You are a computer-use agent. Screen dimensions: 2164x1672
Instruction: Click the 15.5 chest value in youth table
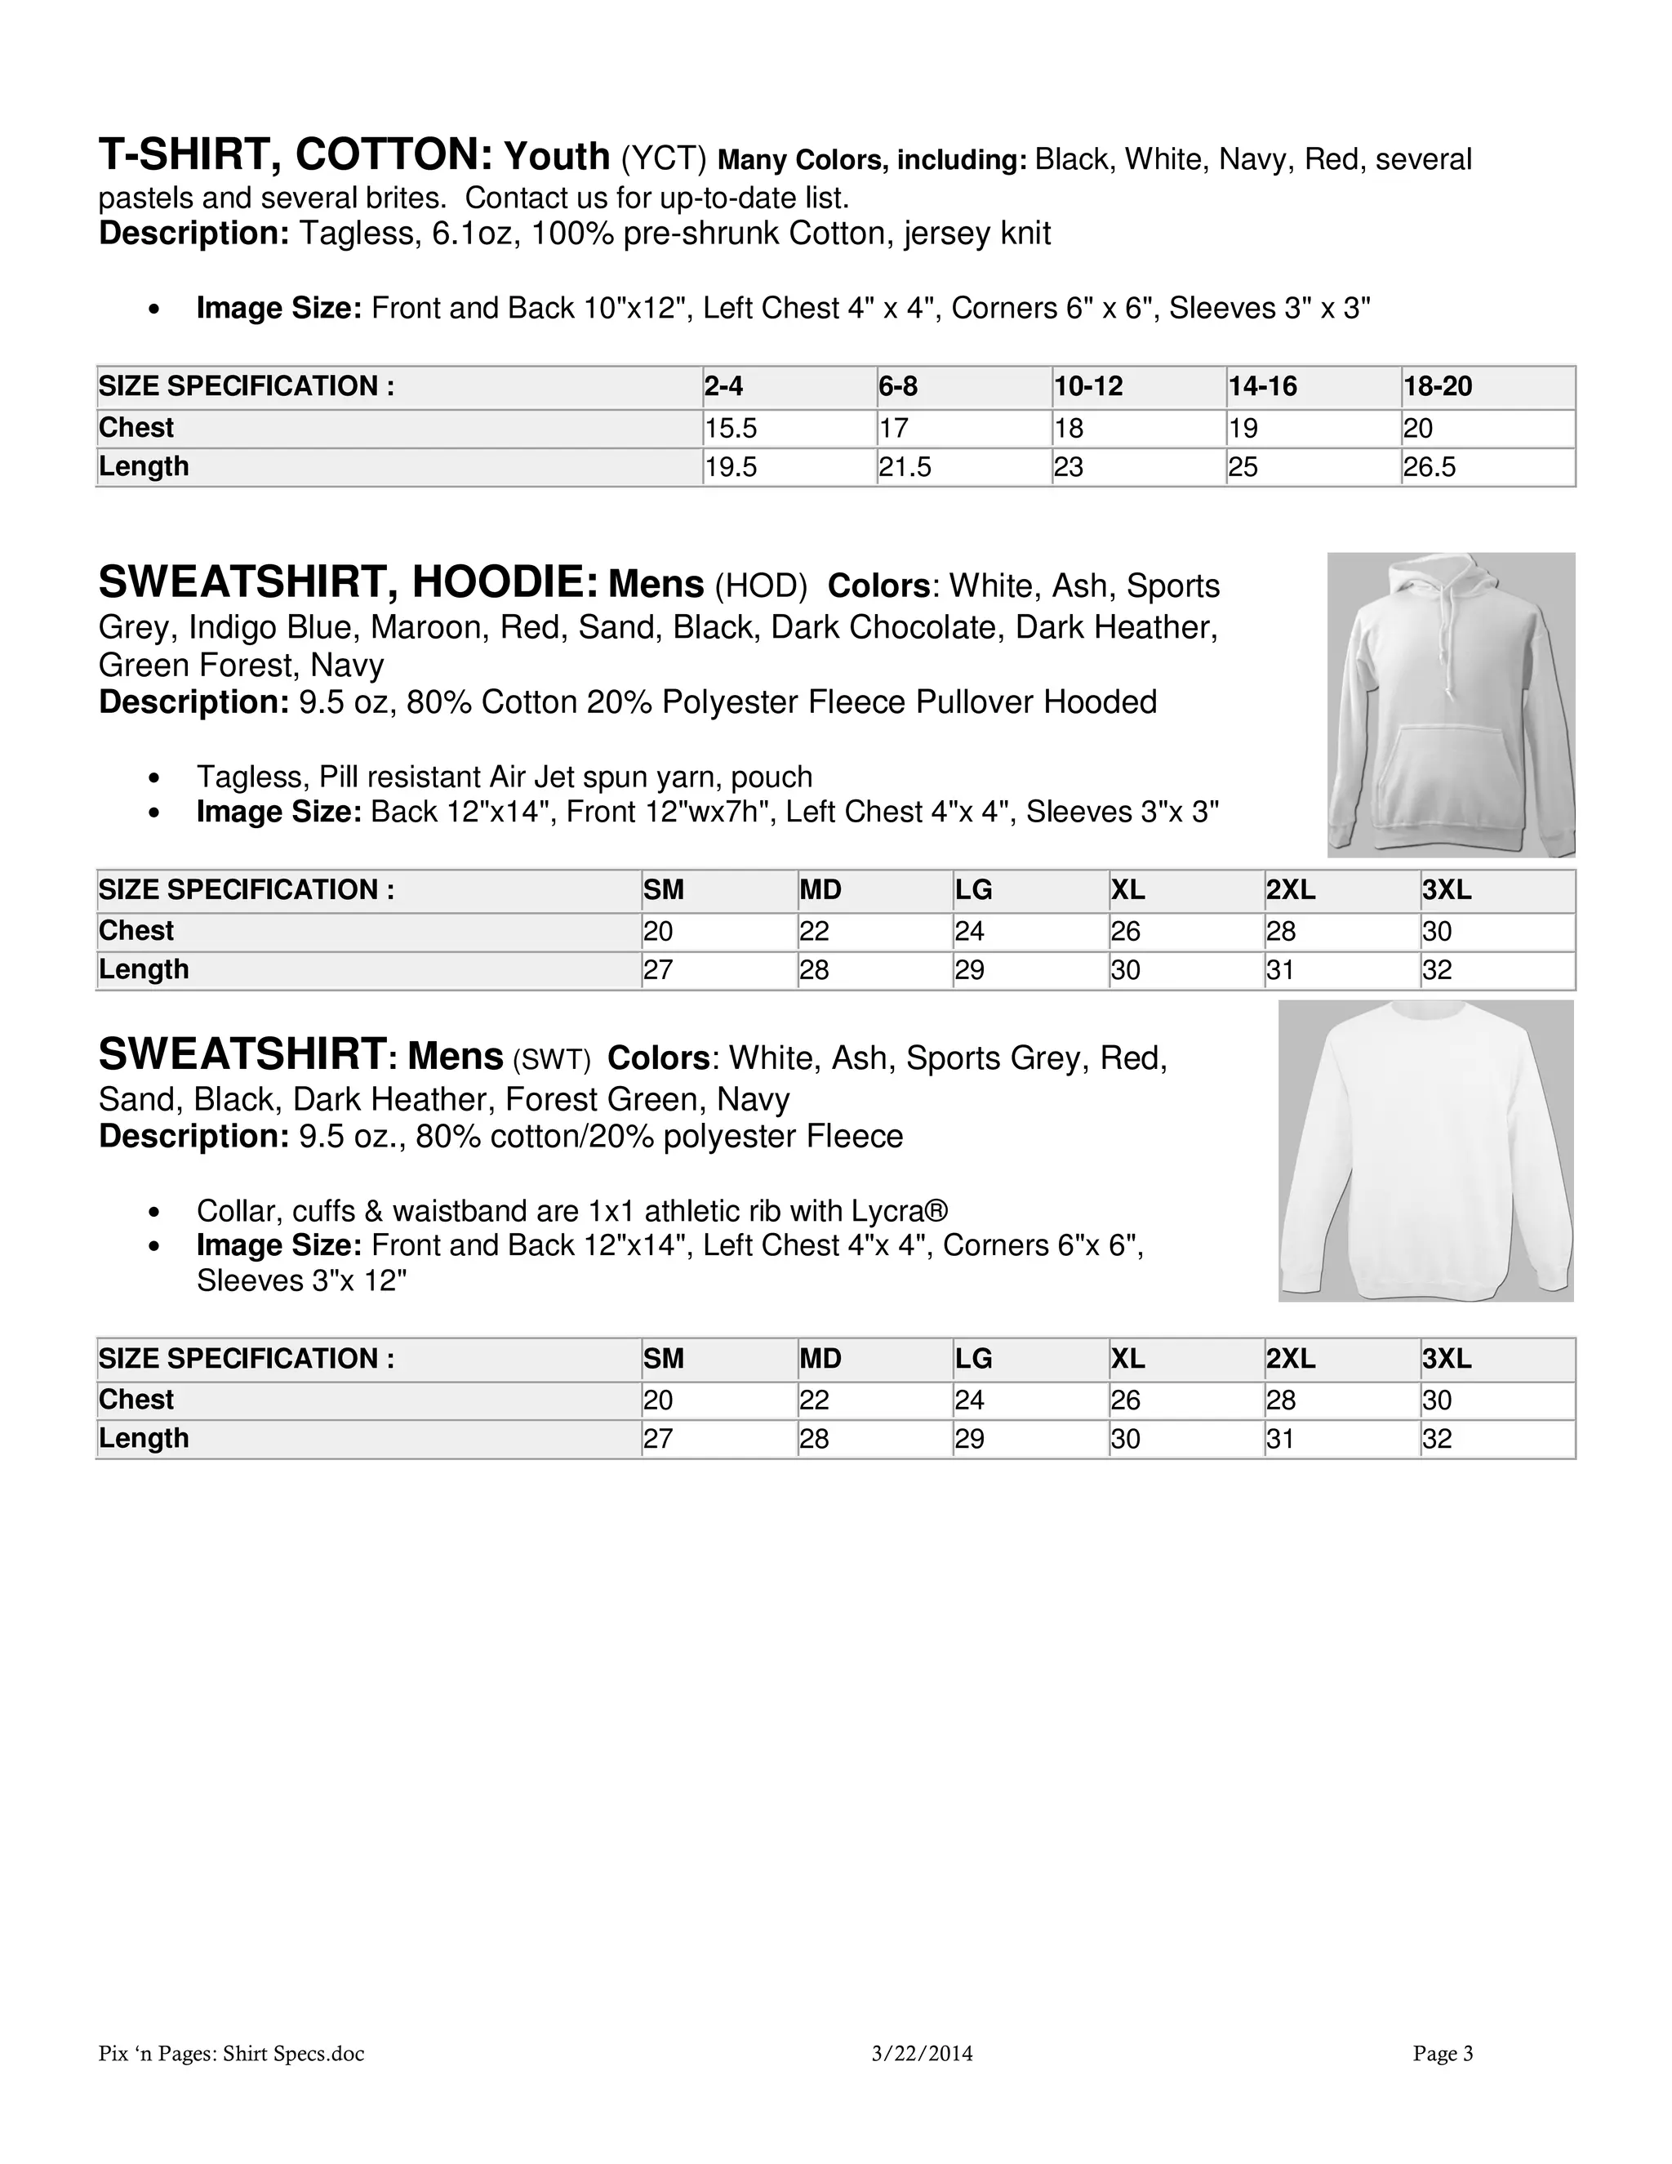click(730, 428)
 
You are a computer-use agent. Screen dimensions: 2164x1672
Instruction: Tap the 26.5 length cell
click(1430, 466)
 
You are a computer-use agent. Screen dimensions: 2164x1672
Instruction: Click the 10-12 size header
click(1087, 386)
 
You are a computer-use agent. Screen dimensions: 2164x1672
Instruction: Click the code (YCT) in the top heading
click(664, 158)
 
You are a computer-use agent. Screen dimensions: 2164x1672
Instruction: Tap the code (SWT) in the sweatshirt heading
click(551, 1059)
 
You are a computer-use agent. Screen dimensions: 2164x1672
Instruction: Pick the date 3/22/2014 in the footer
click(923, 2054)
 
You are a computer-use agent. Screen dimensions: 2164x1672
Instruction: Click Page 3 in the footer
click(1443, 2054)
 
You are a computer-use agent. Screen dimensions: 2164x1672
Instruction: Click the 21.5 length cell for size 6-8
click(905, 466)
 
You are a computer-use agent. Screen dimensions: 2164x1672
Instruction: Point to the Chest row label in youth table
click(136, 428)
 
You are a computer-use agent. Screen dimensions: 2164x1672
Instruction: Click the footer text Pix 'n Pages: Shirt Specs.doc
click(232, 2054)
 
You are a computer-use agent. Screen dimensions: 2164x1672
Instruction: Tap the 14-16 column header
click(1262, 386)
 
